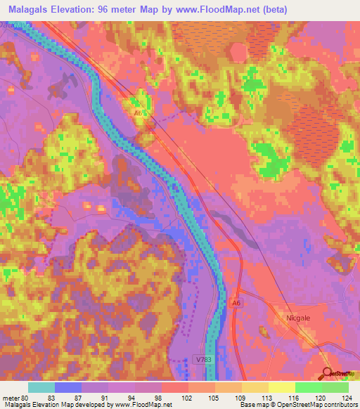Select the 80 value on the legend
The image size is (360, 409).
pos(23,398)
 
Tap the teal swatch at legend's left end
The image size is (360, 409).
pos(41,387)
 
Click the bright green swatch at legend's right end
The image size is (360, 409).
pos(335,387)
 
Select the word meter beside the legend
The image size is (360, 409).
pos(10,398)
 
